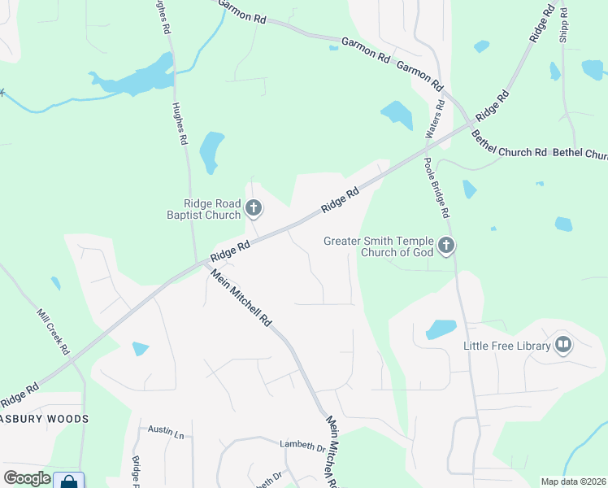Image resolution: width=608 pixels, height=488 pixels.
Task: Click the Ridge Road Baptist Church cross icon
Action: click(x=254, y=209)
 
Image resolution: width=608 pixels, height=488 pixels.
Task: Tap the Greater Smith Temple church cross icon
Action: click(x=445, y=245)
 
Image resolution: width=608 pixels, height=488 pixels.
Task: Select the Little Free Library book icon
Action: click(x=562, y=345)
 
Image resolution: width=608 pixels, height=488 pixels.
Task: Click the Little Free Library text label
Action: click(x=507, y=346)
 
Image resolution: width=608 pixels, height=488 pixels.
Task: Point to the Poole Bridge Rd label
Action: click(x=436, y=188)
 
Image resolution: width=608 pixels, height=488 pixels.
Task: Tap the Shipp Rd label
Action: click(x=563, y=23)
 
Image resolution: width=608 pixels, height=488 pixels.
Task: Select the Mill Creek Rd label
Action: click(x=54, y=331)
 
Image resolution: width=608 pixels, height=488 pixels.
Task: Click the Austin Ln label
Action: click(x=166, y=431)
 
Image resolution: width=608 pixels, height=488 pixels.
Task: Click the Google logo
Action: click(x=27, y=478)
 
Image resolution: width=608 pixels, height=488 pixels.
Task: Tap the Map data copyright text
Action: click(x=573, y=481)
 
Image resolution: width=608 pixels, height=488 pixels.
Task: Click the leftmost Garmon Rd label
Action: click(x=242, y=14)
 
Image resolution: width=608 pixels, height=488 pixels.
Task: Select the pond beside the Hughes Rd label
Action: click(x=211, y=150)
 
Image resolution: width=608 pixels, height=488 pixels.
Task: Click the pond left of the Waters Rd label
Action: click(x=397, y=114)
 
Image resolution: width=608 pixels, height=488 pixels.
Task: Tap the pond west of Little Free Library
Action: click(x=441, y=329)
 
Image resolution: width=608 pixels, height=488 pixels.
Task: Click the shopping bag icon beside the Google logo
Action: click(x=69, y=481)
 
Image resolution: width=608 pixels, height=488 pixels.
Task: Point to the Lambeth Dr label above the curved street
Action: click(x=302, y=445)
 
